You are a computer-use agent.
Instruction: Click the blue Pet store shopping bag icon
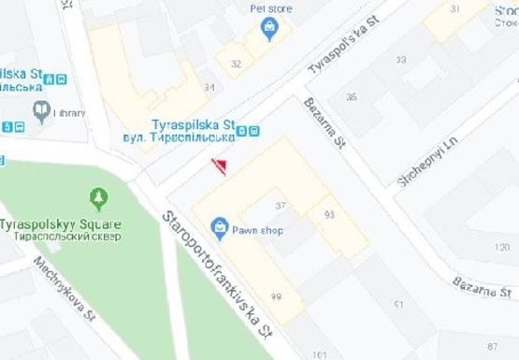click(270, 27)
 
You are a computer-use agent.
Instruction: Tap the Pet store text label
click(270, 9)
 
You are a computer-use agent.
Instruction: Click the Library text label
click(69, 112)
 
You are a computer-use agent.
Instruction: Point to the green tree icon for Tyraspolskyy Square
click(98, 199)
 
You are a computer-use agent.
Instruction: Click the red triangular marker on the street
click(220, 166)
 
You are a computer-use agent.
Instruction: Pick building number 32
click(236, 64)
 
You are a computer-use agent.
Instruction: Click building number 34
click(209, 87)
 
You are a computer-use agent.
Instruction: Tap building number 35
click(352, 96)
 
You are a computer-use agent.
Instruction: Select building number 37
click(280, 205)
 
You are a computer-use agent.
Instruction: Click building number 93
click(329, 215)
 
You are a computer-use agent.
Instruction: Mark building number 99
click(277, 296)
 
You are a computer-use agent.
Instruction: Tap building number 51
click(398, 305)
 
